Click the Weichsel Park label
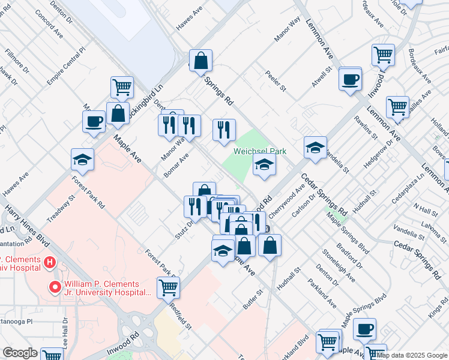click(260, 152)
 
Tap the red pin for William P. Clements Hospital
click(55, 287)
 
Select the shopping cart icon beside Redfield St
click(168, 287)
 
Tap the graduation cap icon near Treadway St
click(82, 160)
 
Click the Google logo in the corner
click(20, 353)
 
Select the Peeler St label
click(276, 81)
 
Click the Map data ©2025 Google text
click(412, 355)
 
